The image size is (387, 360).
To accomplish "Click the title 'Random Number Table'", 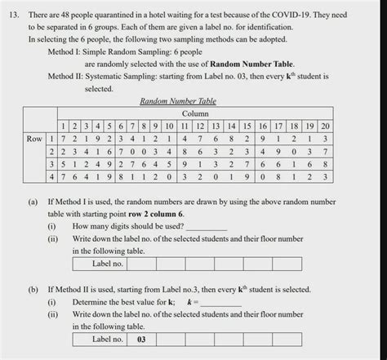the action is [x=171, y=103].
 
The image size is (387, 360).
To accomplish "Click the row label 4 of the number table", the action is [x=51, y=176].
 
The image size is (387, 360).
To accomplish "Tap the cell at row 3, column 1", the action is [x=63, y=163].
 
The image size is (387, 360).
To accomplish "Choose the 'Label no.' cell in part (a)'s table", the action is [x=107, y=264].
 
